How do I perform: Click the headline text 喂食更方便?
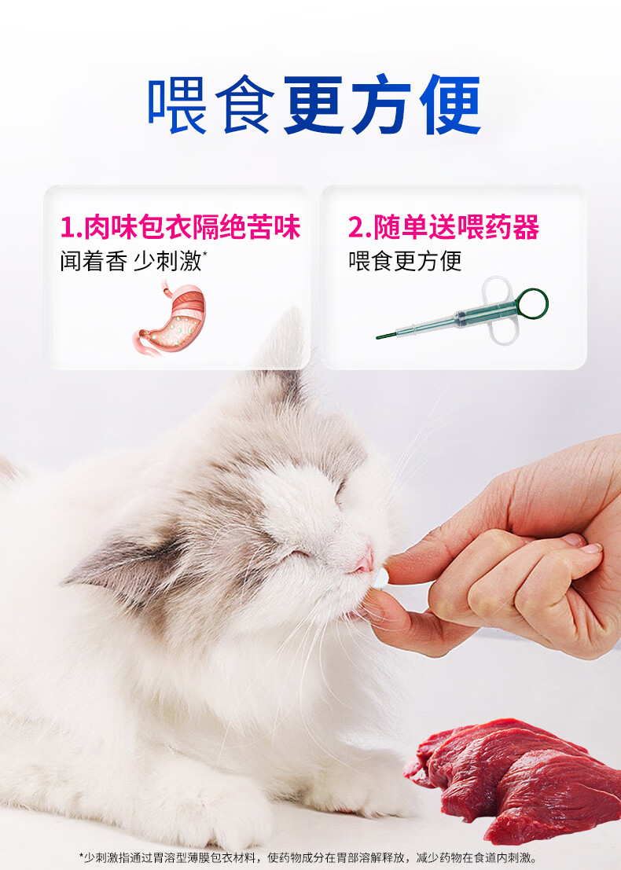tap(314, 105)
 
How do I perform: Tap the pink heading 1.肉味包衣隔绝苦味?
tap(180, 227)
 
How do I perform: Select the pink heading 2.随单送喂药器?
tap(443, 227)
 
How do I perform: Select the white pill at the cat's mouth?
tap(380, 579)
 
